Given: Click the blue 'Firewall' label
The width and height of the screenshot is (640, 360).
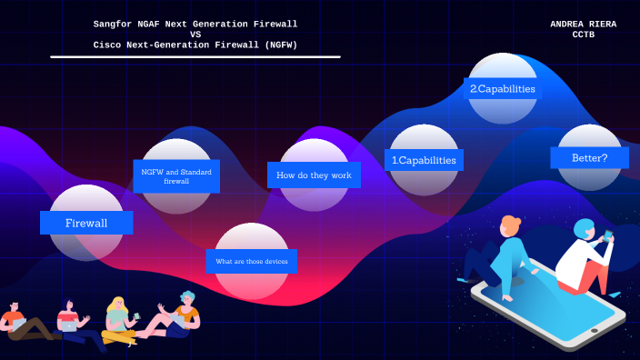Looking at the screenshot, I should click(86, 223).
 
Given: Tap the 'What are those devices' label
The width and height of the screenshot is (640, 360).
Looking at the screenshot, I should click(251, 262).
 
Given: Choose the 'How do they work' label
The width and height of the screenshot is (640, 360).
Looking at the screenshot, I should click(314, 175).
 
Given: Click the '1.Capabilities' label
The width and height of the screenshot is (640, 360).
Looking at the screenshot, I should click(424, 160).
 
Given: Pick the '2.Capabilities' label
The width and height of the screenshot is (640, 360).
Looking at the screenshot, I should click(501, 89).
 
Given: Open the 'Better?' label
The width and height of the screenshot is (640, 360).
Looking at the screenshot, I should click(589, 157).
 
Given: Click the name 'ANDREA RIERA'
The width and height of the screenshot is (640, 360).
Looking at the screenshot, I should click(583, 25).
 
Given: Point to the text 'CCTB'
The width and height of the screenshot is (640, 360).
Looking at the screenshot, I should click(584, 35).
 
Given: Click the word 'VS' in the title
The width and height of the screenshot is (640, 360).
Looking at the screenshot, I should click(195, 35).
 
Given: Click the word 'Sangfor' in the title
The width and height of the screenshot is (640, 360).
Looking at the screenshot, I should click(115, 24).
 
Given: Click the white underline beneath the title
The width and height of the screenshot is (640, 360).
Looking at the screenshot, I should click(195, 56).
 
